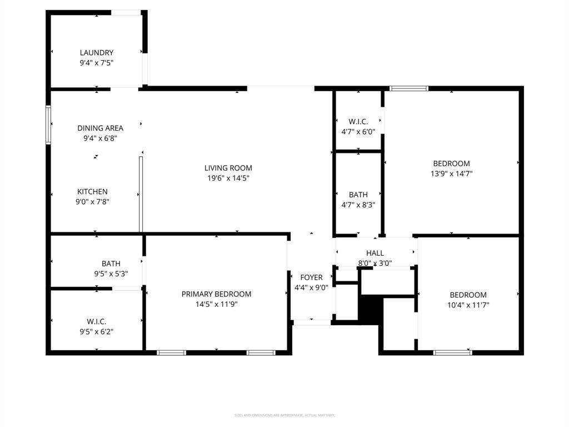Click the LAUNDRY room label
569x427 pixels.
point(97,53)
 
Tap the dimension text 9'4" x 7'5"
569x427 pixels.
point(97,63)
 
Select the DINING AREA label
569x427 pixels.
point(100,128)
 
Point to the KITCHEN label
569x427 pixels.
point(92,192)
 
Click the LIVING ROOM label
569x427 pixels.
point(228,168)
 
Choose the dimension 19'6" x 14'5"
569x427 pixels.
point(228,178)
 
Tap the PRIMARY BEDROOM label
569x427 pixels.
point(216,294)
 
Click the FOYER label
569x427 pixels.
point(311,277)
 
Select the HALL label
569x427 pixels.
point(375,253)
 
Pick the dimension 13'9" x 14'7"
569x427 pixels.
point(451,174)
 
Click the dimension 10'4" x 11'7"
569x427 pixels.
point(468,305)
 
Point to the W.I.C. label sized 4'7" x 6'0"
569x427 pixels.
point(358,122)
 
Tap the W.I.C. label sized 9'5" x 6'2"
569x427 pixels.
point(96,321)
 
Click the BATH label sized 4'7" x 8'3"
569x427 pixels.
point(358,195)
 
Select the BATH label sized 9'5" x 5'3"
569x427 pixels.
point(111,264)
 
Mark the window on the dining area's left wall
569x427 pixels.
point(48,125)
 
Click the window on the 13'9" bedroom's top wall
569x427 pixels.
point(409,88)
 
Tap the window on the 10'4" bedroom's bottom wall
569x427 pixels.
point(452,352)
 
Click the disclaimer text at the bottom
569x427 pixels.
point(284,415)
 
